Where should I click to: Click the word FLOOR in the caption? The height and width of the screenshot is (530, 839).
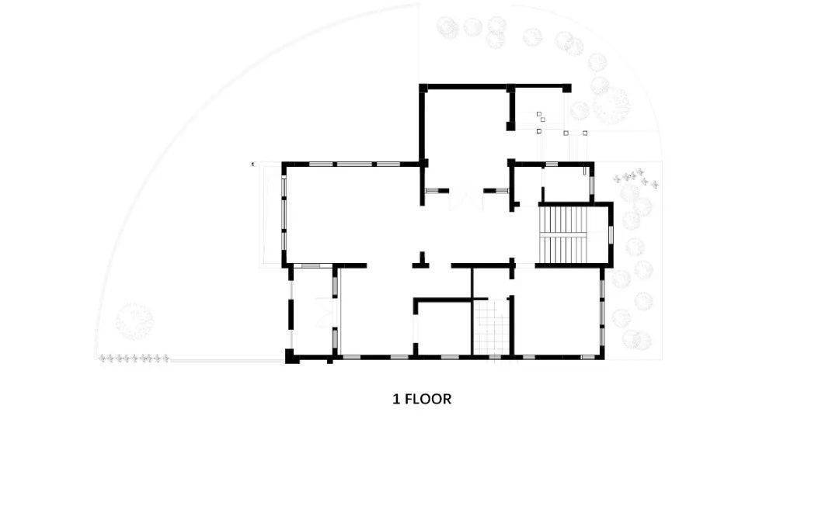pos(427,399)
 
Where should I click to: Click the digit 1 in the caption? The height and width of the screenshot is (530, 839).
pos(396,399)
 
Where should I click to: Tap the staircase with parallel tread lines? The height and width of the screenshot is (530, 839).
pos(562,235)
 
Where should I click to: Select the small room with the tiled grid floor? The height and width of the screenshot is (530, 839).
pos(491,327)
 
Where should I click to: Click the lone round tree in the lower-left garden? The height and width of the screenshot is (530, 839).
pos(134,321)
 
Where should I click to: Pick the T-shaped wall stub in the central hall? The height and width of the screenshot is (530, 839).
pos(422,260)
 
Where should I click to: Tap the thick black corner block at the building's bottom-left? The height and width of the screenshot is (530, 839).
pos(291,356)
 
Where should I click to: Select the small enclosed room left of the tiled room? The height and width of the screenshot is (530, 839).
pos(444,328)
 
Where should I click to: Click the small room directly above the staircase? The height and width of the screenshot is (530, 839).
pos(566,185)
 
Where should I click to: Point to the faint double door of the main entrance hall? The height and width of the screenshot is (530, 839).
pos(466,196)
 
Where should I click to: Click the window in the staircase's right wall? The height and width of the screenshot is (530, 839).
pos(611,235)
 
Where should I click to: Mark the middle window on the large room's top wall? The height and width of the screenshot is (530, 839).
pos(351,164)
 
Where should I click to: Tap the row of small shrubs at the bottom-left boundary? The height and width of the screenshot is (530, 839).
pos(134,359)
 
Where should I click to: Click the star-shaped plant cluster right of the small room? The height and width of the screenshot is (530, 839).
pos(635,178)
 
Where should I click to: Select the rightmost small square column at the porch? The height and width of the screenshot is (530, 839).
pos(585,133)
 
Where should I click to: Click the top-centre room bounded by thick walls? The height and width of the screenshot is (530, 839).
pos(465,126)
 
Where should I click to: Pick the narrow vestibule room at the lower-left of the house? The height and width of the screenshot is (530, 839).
pos(313,311)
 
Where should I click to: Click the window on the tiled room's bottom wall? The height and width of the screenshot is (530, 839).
pos(495,356)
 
